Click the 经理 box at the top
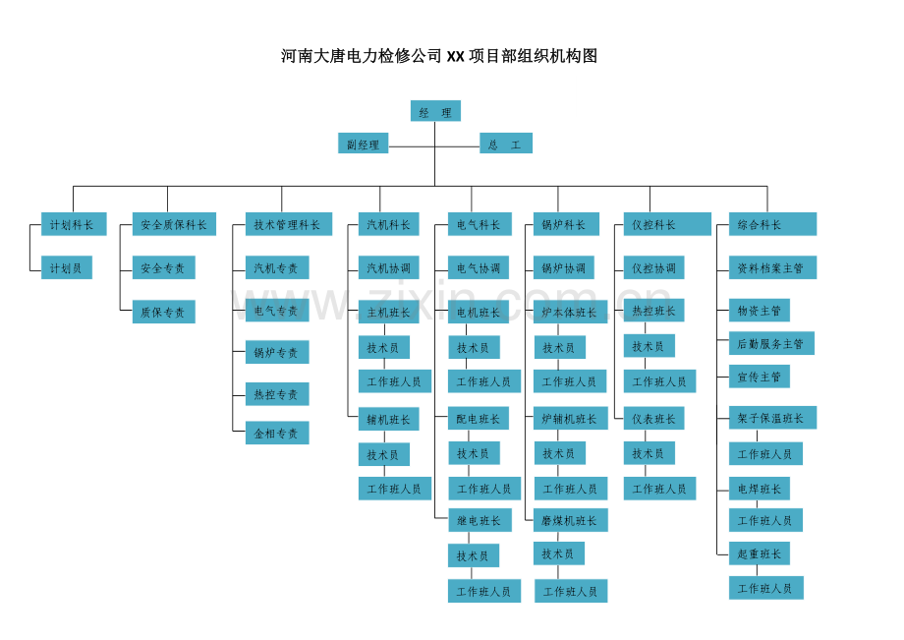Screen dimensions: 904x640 click(x=435, y=111)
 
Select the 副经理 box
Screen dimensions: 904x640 click(x=364, y=143)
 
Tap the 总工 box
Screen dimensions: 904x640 click(x=506, y=143)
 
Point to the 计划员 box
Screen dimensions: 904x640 click(x=66, y=267)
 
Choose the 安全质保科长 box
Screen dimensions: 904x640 click(x=174, y=224)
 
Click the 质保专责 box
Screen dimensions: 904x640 click(x=164, y=312)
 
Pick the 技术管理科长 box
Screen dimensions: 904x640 click(x=289, y=224)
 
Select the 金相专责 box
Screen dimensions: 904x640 click(x=277, y=433)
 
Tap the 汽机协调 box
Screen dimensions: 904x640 click(x=388, y=267)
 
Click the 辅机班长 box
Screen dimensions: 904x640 click(x=388, y=419)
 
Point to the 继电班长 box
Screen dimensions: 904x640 click(x=479, y=521)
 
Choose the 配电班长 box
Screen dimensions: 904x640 click(x=479, y=418)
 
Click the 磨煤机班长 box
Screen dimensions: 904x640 click(x=571, y=521)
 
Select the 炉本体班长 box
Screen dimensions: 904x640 click(x=571, y=312)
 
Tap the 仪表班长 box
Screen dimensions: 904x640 click(x=653, y=418)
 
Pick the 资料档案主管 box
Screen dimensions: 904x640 click(x=772, y=267)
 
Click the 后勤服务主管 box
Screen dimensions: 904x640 click(x=771, y=343)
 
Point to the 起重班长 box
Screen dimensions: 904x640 click(x=760, y=553)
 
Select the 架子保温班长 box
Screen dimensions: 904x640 click(x=772, y=418)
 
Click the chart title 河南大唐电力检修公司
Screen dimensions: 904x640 click(x=362, y=56)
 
